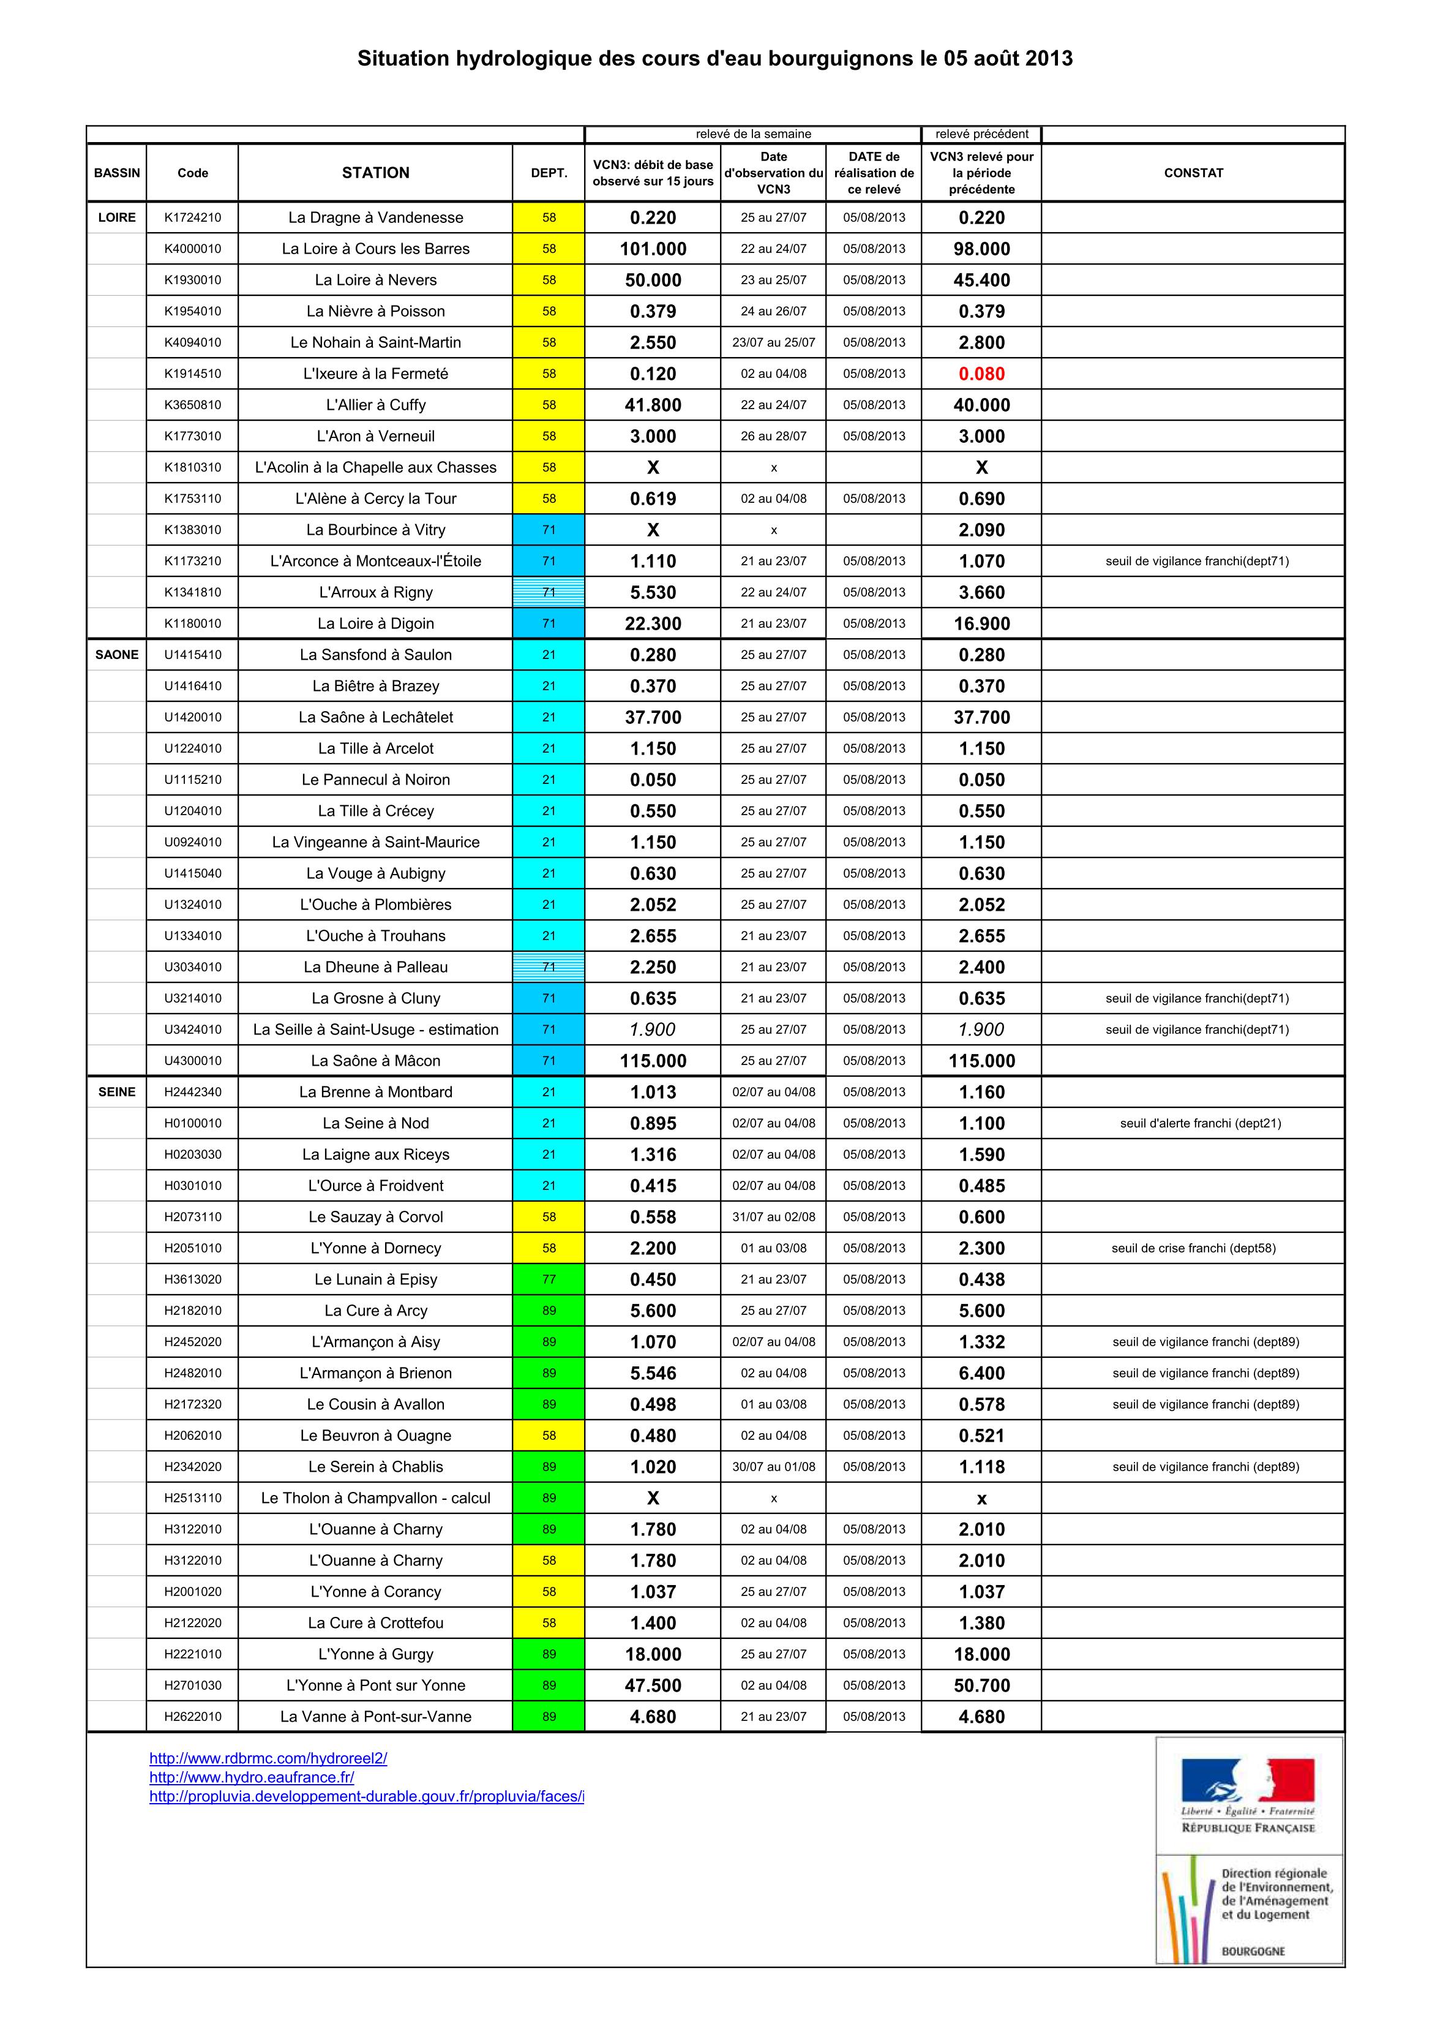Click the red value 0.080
tap(981, 373)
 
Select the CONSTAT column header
tap(1193, 173)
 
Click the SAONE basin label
tap(116, 655)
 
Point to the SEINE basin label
tap(116, 1091)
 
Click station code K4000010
tap(192, 249)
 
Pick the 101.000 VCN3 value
tap(652, 249)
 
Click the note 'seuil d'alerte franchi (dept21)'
tap(1200, 1123)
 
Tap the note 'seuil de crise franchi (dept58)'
tap(1193, 1248)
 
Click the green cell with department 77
tap(548, 1279)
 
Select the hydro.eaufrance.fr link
tap(252, 1777)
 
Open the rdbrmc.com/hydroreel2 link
tap(268, 1758)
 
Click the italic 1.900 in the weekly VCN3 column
tap(652, 1030)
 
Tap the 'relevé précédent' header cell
tap(981, 134)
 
